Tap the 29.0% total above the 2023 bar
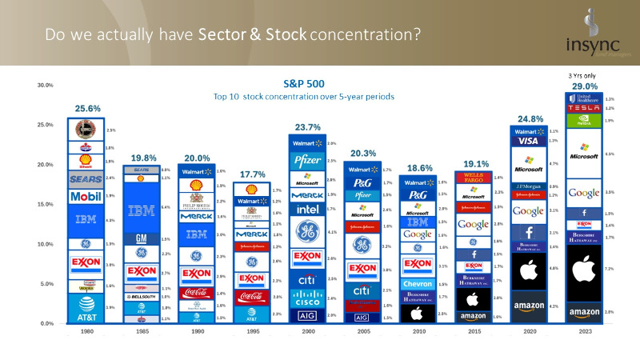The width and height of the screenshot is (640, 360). pyautogui.click(x=581, y=86)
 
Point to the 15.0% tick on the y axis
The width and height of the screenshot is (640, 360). pyautogui.click(x=43, y=205)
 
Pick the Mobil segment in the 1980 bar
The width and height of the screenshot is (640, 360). pyautogui.click(x=86, y=196)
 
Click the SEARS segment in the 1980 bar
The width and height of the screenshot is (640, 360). pyautogui.click(x=86, y=179)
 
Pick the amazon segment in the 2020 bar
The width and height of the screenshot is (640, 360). pyautogui.click(x=530, y=306)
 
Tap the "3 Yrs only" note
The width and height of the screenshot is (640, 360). pyautogui.click(x=582, y=76)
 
